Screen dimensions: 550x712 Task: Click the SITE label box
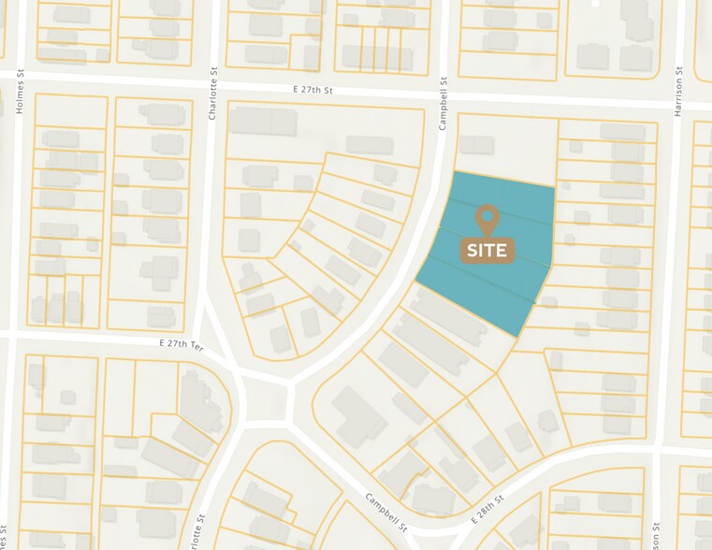(487, 250)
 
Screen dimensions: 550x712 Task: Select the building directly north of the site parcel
(476, 144)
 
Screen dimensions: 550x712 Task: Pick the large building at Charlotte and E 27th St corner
(264, 120)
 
